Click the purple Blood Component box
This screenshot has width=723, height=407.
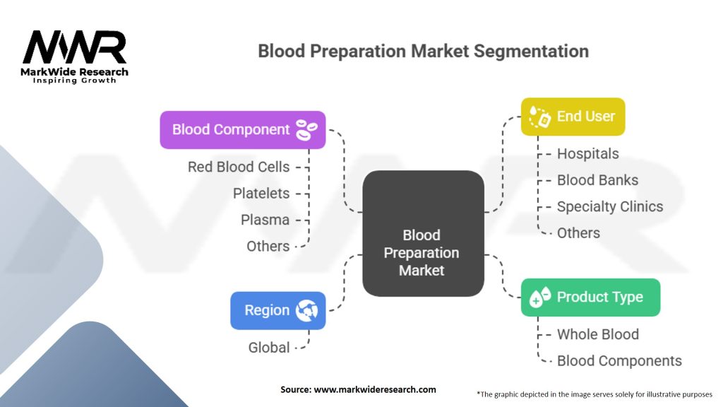pyautogui.click(x=242, y=130)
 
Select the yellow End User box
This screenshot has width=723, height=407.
pyautogui.click(x=573, y=117)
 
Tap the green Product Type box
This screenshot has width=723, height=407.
pyautogui.click(x=590, y=297)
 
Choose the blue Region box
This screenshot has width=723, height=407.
pyautogui.click(x=277, y=310)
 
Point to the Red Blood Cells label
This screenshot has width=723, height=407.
pyautogui.click(x=238, y=167)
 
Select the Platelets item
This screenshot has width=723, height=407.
pyautogui.click(x=261, y=193)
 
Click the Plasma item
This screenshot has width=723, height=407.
pyautogui.click(x=265, y=220)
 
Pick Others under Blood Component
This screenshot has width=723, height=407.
pyautogui.click(x=268, y=246)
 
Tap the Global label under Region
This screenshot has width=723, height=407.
pyautogui.click(x=268, y=347)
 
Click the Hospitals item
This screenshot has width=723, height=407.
pyautogui.click(x=587, y=153)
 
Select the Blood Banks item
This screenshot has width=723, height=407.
pyautogui.click(x=597, y=180)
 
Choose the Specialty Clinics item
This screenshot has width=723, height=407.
pyautogui.click(x=609, y=206)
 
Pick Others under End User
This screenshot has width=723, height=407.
pyautogui.click(x=578, y=232)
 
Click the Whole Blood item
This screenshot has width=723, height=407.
pyautogui.click(x=597, y=334)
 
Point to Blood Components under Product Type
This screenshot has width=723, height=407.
pyautogui.click(x=619, y=360)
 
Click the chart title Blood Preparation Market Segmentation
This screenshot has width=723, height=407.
pyautogui.click(x=423, y=51)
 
